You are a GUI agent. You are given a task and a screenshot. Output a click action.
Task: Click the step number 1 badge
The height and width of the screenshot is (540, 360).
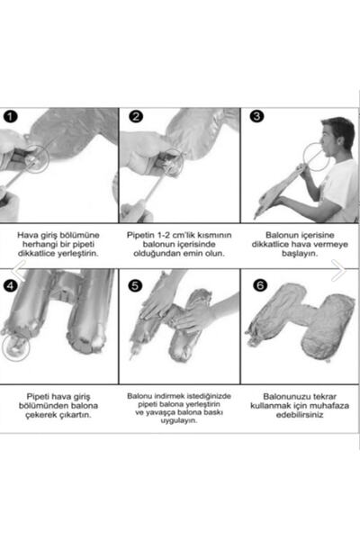[10, 116]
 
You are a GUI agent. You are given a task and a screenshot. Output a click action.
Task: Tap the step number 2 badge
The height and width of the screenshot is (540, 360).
[136, 116]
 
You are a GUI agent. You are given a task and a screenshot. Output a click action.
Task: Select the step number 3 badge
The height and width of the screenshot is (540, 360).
[256, 116]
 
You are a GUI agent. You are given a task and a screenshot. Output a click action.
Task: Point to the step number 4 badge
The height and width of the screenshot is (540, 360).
[11, 285]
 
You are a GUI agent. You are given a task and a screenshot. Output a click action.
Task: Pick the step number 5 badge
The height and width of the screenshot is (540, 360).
[135, 285]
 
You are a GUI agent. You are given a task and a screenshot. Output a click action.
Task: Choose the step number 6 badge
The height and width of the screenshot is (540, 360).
[260, 285]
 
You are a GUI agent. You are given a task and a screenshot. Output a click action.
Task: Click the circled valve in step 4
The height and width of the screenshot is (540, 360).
[16, 347]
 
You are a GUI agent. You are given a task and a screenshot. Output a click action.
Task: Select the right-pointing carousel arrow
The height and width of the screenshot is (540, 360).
[339, 271]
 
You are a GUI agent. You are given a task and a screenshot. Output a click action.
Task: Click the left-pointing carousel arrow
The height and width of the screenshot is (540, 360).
[19, 271]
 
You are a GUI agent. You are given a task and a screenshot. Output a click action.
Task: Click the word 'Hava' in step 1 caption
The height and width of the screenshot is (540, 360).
[27, 235]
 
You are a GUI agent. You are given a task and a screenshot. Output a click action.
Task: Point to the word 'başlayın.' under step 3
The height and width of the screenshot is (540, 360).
[300, 254]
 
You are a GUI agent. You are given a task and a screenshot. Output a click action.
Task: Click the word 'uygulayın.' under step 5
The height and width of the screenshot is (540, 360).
[179, 420]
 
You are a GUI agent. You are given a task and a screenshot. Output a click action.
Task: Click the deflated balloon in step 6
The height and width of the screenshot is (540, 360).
[300, 321]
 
